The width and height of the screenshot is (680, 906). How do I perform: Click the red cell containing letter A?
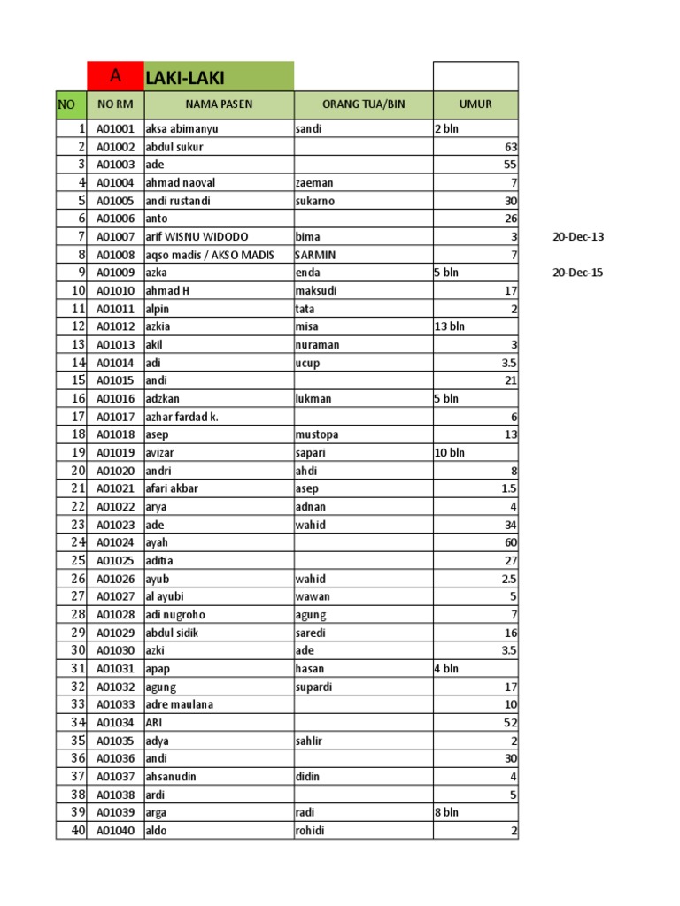(x=115, y=76)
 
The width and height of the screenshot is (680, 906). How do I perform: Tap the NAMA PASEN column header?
(x=219, y=104)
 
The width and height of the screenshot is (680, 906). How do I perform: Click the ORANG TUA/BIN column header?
(x=363, y=104)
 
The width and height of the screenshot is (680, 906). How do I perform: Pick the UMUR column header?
(x=475, y=104)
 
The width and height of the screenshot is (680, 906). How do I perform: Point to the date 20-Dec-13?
(x=577, y=236)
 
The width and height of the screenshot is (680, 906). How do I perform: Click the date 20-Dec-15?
(x=577, y=273)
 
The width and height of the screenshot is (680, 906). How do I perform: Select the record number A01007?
(x=115, y=236)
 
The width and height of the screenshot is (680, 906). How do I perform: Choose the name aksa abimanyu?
(x=182, y=128)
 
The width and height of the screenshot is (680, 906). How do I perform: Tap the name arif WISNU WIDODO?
(x=197, y=236)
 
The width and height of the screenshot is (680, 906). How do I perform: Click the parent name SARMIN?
(x=314, y=255)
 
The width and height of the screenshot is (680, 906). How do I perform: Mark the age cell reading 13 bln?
(x=449, y=326)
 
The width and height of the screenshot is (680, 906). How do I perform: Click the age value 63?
(x=511, y=147)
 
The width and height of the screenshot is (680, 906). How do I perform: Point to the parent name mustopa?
(x=316, y=434)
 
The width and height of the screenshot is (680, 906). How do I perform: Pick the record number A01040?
(x=115, y=831)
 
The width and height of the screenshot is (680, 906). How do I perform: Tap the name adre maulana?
(x=179, y=704)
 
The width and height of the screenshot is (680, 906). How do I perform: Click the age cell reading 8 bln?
(x=446, y=812)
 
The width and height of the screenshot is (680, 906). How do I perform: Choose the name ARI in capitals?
(x=153, y=722)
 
